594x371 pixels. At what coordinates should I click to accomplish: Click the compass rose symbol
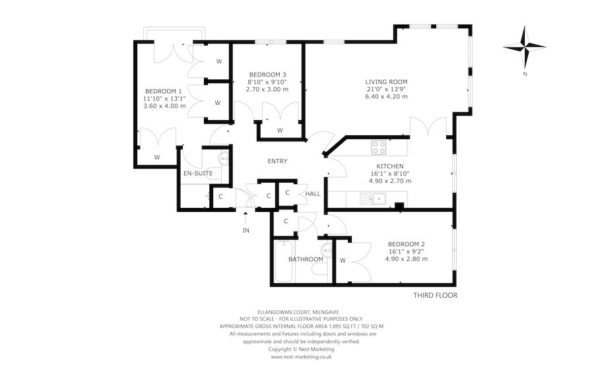(x=525, y=47)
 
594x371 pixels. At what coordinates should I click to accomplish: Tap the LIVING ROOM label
(x=386, y=82)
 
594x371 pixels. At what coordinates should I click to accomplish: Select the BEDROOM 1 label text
(x=164, y=91)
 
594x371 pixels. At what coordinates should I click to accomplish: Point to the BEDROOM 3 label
(x=267, y=74)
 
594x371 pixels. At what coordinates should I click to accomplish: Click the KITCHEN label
(x=389, y=166)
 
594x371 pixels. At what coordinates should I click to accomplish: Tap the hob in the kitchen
(x=379, y=147)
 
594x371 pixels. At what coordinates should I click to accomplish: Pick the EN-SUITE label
(x=198, y=174)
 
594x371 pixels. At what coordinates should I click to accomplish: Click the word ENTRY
(x=277, y=162)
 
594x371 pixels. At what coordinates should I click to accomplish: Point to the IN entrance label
(x=246, y=230)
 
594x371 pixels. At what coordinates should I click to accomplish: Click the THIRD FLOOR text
(x=435, y=295)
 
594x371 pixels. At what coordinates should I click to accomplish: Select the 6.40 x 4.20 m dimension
(x=386, y=96)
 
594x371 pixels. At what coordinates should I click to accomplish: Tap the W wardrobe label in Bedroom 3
(x=280, y=131)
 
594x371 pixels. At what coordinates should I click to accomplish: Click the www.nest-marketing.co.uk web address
(x=301, y=356)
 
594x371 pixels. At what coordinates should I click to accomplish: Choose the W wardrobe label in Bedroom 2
(x=343, y=260)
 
